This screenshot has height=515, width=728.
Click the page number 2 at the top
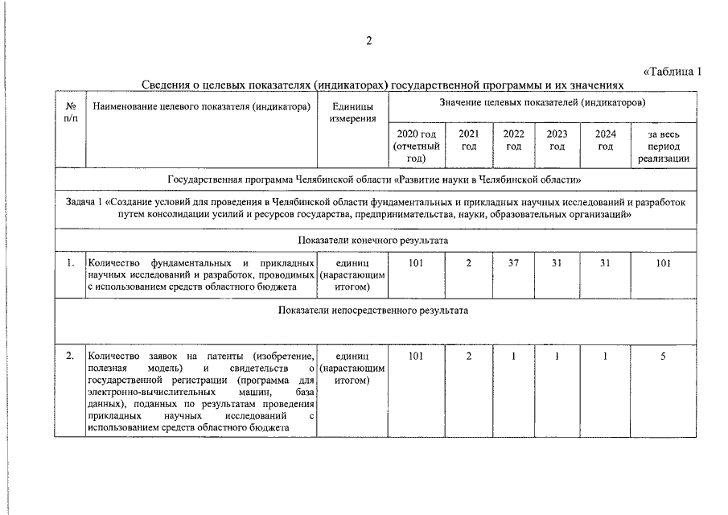(369, 42)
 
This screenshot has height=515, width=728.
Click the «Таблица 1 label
(672, 72)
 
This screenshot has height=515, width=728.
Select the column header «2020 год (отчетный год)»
(416, 146)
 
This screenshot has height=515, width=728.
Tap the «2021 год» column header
(469, 140)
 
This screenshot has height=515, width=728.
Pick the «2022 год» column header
(513, 140)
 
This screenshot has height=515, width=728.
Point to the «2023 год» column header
(557, 140)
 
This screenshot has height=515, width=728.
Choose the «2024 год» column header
(606, 140)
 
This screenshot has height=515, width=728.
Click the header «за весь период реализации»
(664, 146)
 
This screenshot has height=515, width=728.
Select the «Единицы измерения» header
(352, 113)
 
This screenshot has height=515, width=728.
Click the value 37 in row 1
(513, 262)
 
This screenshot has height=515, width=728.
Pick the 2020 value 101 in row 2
(416, 356)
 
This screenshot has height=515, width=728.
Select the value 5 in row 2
(664, 356)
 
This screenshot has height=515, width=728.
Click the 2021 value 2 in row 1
(469, 262)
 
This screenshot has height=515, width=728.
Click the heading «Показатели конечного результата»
(372, 240)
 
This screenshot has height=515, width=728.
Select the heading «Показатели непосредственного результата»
(372, 310)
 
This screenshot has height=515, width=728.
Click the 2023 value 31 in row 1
(557, 262)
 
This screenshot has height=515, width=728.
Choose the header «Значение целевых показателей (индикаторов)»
(543, 103)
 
